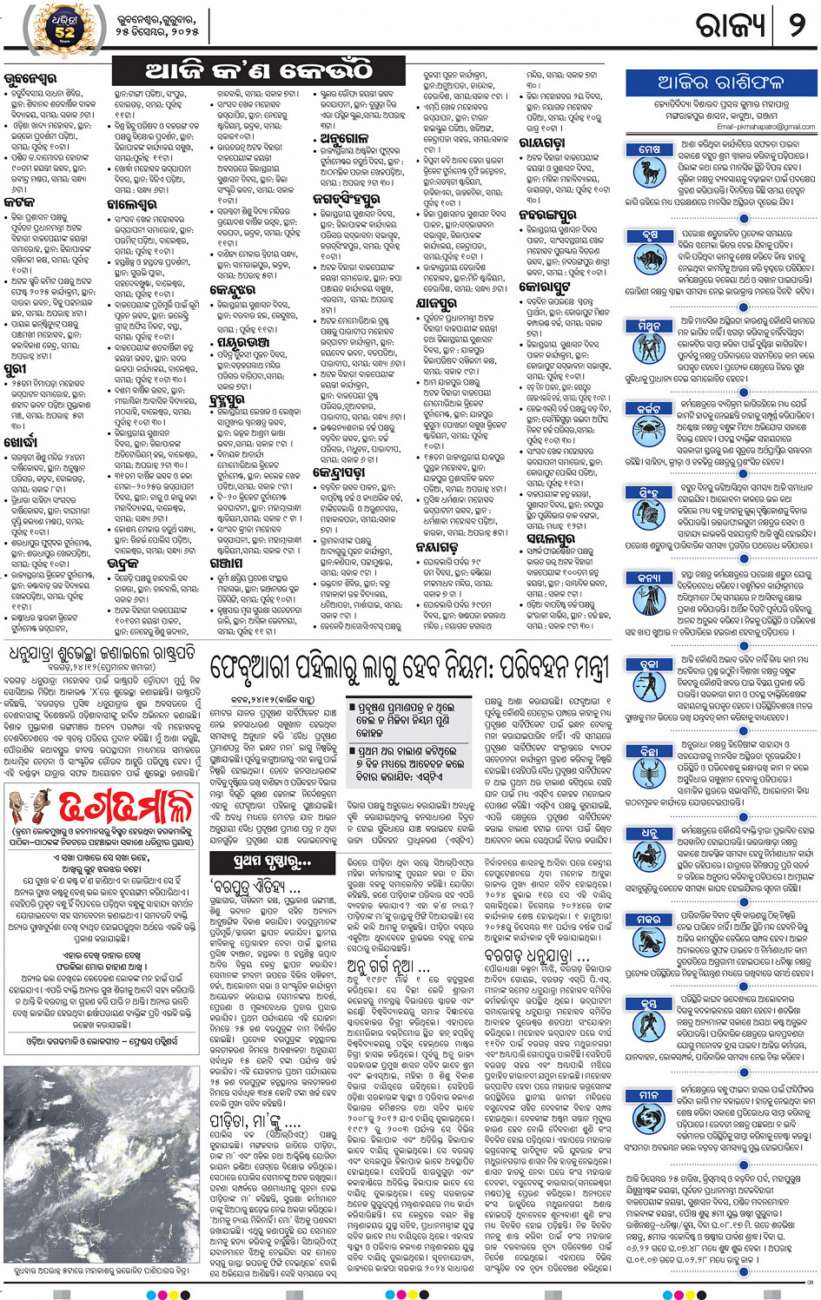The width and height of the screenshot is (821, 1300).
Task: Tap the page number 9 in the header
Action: pyautogui.click(x=796, y=25)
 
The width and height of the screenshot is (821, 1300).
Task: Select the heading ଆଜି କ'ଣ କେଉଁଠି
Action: pyautogui.click(x=258, y=69)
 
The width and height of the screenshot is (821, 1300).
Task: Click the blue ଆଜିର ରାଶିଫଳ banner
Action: pyautogui.click(x=720, y=83)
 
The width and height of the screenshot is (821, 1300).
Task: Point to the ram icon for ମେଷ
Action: pyautogui.click(x=649, y=171)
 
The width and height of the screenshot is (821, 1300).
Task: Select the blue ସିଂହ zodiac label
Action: pyautogui.click(x=648, y=492)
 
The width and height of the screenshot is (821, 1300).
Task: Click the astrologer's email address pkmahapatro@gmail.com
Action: pyautogui.click(x=765, y=127)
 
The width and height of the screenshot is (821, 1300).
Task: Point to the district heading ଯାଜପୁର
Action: pyautogui.click(x=437, y=305)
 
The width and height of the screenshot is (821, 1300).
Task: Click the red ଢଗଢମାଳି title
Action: pyautogui.click(x=125, y=808)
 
